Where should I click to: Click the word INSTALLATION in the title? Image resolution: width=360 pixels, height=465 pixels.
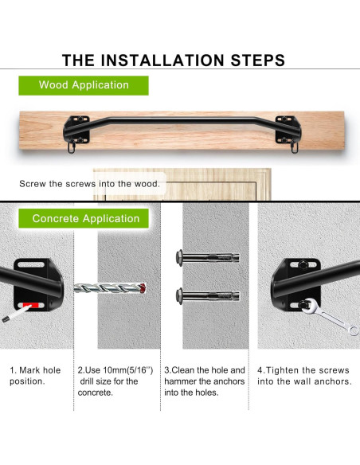click(x=162, y=61)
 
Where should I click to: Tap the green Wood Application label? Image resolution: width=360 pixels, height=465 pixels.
click(x=84, y=85)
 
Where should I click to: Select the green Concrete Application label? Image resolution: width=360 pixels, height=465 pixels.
click(x=84, y=218)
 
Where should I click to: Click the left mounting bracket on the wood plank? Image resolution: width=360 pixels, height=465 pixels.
click(x=76, y=131)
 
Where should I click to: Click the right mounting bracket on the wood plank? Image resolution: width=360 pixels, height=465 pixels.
click(x=288, y=131)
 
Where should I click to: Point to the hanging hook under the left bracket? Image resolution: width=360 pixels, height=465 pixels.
click(x=71, y=148)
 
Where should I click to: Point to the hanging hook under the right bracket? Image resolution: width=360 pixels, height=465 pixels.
click(x=294, y=147)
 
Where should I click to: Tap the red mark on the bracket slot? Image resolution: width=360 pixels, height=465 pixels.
click(x=31, y=306)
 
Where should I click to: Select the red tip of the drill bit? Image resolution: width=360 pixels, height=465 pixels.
click(x=143, y=287)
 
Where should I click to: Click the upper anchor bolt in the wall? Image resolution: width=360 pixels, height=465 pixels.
click(x=208, y=257)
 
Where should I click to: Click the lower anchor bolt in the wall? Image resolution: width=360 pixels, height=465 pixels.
click(x=208, y=295)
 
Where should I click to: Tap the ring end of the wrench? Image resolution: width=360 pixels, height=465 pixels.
click(x=354, y=330)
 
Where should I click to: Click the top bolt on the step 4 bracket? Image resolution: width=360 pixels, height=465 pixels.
click(x=303, y=264)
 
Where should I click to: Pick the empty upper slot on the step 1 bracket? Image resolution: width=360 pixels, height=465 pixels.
click(x=31, y=264)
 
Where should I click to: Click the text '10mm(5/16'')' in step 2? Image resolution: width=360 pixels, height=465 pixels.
click(x=128, y=370)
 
